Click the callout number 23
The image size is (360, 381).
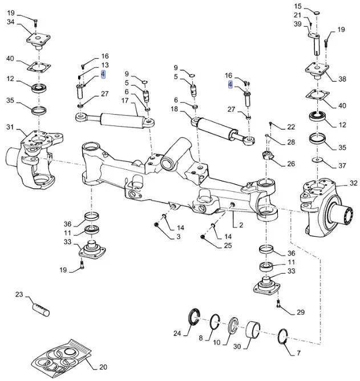19,295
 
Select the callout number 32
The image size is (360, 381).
353,183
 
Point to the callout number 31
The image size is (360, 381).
10,127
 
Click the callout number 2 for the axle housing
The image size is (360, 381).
241,225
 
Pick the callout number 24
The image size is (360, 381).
177,334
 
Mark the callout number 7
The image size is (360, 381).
201,339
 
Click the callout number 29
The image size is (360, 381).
301,312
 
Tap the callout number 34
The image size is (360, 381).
11,22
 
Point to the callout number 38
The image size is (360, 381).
342,79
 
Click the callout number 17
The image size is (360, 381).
125,102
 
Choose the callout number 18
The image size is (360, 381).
175,109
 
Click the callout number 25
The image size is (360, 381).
228,246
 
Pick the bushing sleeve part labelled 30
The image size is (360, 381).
254,330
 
